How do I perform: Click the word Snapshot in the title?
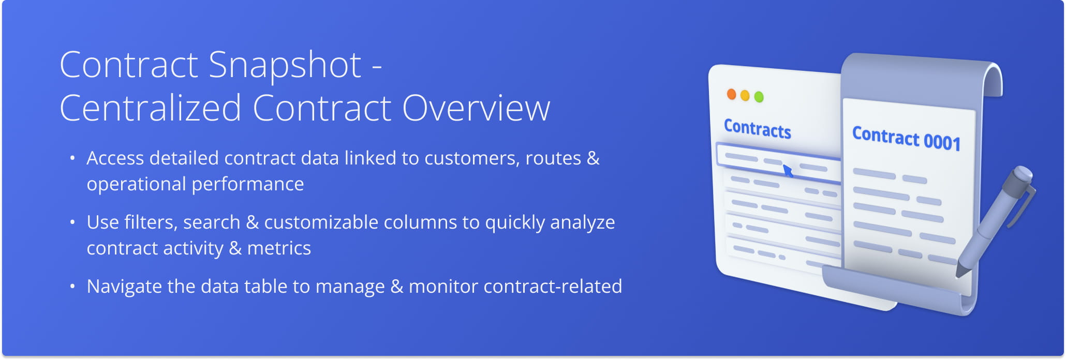285,66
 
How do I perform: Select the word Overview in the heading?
476,108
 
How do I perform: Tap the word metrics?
279,248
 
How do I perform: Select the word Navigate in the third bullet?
124,287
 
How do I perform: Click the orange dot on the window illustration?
731,94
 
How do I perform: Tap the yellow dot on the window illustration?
745,95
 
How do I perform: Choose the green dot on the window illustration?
759,97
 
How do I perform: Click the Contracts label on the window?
758,129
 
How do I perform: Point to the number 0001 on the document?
942,142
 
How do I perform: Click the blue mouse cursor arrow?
788,171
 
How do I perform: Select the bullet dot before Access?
72,158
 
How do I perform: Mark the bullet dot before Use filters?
72,222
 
